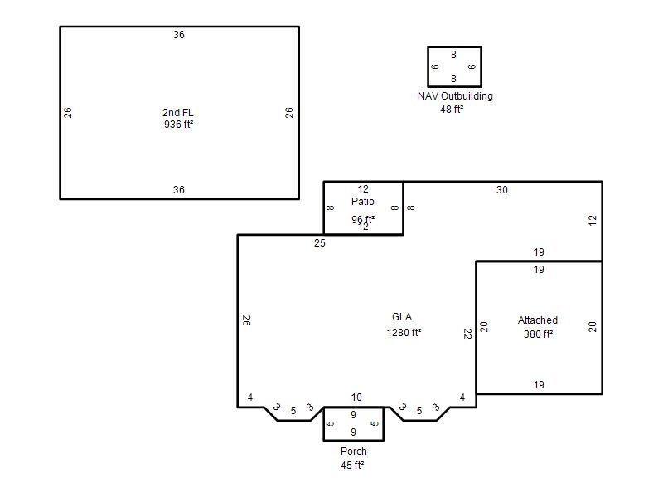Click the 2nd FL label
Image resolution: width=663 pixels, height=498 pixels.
[178, 113]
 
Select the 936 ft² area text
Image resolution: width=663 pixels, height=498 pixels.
[178, 124]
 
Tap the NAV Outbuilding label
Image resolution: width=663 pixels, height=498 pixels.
[455, 96]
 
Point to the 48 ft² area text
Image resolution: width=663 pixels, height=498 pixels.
[452, 110]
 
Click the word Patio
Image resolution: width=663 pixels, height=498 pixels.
[363, 202]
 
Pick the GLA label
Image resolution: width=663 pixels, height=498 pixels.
[402, 317]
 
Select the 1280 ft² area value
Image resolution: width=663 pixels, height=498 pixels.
[404, 333]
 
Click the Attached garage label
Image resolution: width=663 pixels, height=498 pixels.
[538, 320]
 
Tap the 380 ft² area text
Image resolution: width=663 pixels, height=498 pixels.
[538, 334]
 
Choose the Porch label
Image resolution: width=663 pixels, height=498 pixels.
[354, 452]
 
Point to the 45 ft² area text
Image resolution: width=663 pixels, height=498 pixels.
[352, 465]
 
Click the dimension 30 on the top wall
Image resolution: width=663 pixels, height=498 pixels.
[502, 190]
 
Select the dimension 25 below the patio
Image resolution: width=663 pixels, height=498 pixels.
[320, 243]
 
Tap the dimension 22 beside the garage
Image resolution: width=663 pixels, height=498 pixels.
[467, 334]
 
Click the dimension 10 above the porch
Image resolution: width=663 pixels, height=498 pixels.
[356, 398]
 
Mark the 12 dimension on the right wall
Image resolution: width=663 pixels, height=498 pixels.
[593, 220]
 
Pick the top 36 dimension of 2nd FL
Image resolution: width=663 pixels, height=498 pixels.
[179, 35]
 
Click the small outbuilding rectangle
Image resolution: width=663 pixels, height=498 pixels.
[428, 67]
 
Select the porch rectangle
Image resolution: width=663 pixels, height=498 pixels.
[324, 424]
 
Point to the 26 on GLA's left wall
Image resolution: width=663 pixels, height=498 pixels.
[246, 320]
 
